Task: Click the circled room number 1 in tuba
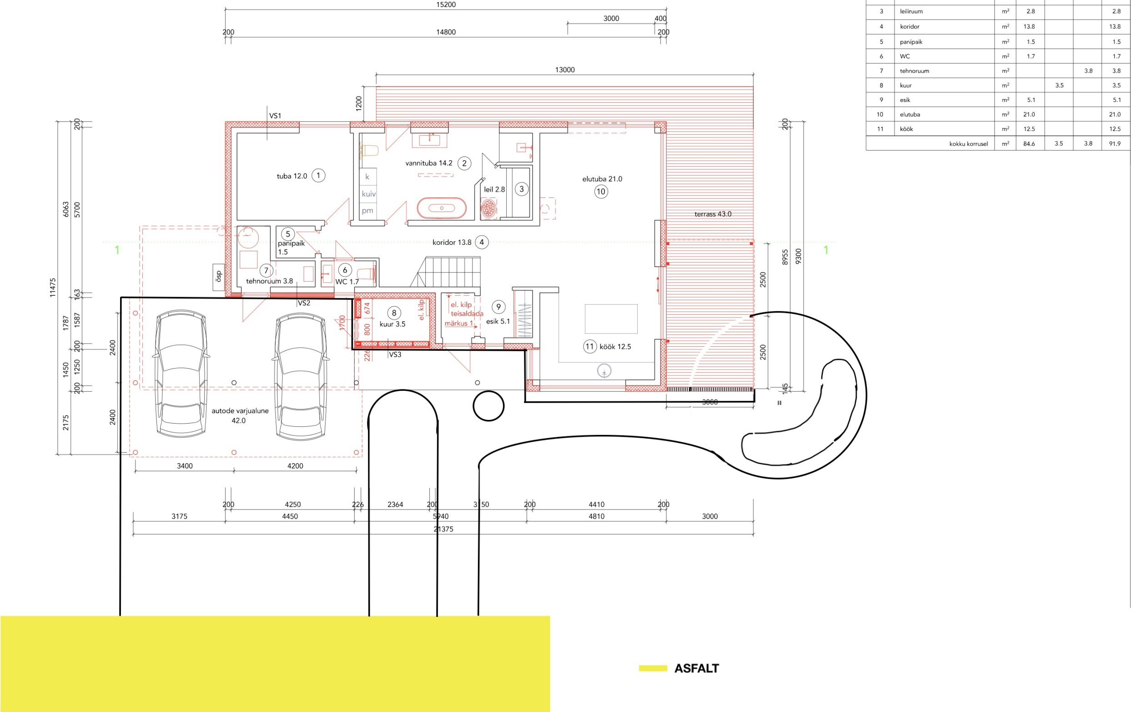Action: (x=318, y=176)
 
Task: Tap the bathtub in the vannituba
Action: (x=442, y=207)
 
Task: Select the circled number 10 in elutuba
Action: (x=600, y=192)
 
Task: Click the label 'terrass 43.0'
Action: (x=713, y=214)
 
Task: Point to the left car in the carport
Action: (x=181, y=374)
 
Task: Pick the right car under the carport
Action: (x=300, y=377)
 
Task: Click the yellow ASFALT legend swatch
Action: (x=653, y=668)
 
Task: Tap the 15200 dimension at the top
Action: (x=446, y=5)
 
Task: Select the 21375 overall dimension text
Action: (x=443, y=529)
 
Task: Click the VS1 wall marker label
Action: (x=275, y=116)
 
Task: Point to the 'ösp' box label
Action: (x=218, y=277)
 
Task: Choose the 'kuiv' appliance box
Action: (x=368, y=193)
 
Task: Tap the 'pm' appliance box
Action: (x=368, y=211)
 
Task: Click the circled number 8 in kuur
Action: (x=394, y=313)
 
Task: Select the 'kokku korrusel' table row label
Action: (x=968, y=144)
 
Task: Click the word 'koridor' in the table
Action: (x=909, y=27)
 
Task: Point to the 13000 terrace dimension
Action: (x=565, y=70)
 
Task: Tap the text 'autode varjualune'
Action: (x=240, y=411)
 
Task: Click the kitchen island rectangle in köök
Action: (x=611, y=319)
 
